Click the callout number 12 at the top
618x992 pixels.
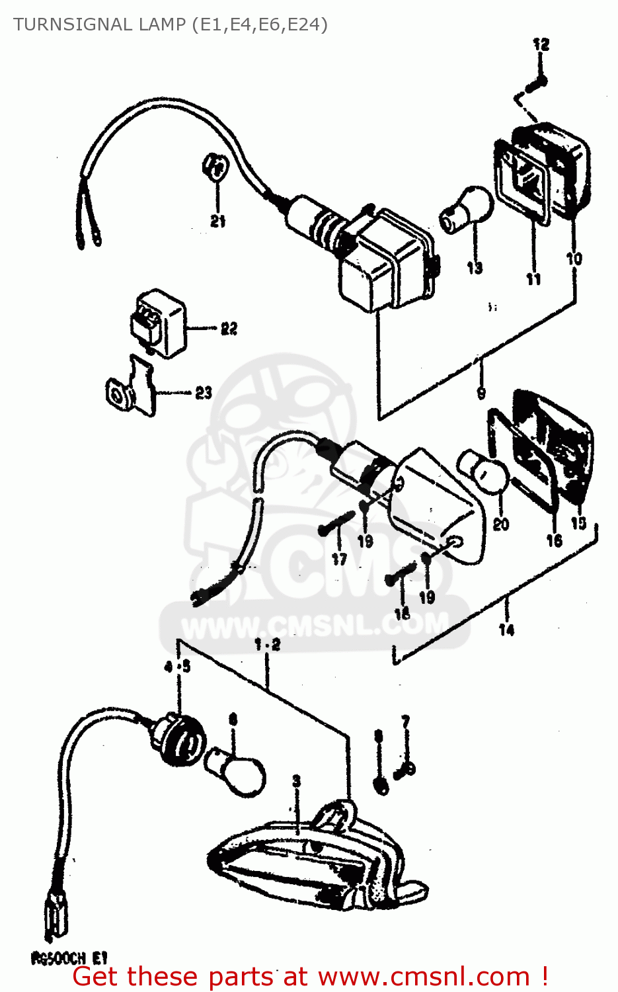[541, 44]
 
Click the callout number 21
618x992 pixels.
[218, 222]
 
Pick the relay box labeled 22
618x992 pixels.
[158, 322]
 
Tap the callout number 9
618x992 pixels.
[481, 393]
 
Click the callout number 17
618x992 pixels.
[339, 559]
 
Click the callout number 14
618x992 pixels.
[506, 630]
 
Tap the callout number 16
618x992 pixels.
[554, 540]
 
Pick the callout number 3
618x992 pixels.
[296, 781]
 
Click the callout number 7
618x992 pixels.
[405, 721]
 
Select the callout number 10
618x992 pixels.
[574, 259]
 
